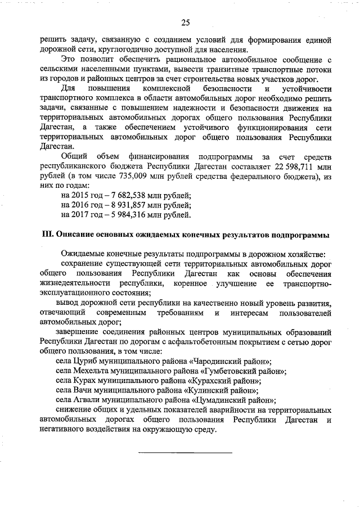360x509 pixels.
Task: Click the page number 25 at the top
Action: click(x=185, y=22)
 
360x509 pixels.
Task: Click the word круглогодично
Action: click(x=112, y=48)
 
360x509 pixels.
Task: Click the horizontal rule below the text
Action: click(x=185, y=452)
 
